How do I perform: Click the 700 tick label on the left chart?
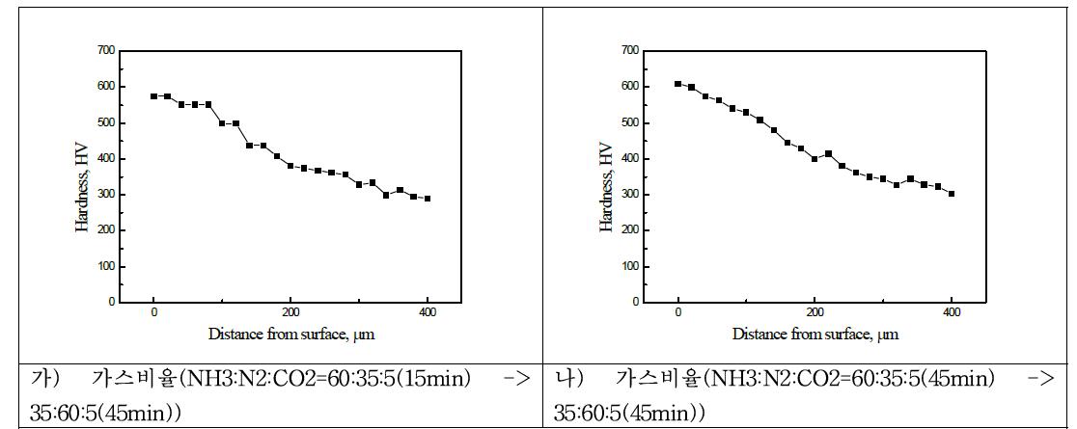click(105, 50)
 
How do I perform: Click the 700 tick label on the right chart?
click(630, 50)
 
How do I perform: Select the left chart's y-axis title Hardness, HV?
click(82, 187)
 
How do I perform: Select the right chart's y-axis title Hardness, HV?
click(606, 187)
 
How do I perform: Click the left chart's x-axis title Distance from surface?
click(290, 334)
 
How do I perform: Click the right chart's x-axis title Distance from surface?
click(815, 334)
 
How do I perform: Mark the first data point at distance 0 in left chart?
click(154, 96)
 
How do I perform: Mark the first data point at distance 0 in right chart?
click(678, 84)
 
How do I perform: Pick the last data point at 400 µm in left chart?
click(428, 199)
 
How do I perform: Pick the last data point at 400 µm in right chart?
click(952, 194)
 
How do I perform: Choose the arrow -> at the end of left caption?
click(517, 379)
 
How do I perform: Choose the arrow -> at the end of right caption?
click(1041, 379)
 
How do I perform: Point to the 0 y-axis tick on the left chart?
click(111, 302)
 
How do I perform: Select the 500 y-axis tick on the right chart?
click(630, 122)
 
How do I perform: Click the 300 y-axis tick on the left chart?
click(105, 194)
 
